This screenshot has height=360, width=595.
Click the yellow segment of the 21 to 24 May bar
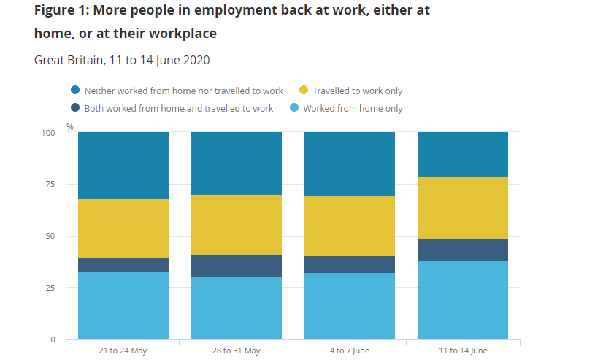coord(123,229)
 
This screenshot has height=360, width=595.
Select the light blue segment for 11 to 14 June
coord(462,300)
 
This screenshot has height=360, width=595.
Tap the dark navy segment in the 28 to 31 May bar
coord(237,266)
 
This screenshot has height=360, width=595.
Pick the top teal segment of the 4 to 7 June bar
coord(349,164)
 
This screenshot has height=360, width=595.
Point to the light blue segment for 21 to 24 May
coord(123,305)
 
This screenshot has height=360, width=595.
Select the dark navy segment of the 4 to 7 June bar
coord(349,264)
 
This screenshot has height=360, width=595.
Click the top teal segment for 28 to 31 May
coord(237,164)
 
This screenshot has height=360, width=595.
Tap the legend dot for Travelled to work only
coord(304,91)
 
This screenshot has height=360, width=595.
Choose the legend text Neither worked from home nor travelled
coord(183,91)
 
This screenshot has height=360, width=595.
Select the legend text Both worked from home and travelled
coord(179,109)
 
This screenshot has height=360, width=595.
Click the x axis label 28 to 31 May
coord(237,351)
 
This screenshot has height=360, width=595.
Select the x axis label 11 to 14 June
coord(462,351)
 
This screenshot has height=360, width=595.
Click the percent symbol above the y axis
coord(70,126)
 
